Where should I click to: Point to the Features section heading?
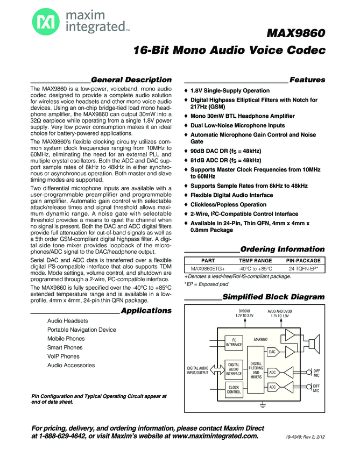click(x=307, y=80)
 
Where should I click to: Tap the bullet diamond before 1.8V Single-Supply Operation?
click(x=186, y=91)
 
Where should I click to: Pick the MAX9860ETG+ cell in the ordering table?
click(x=204, y=268)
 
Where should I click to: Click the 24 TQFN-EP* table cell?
click(x=303, y=268)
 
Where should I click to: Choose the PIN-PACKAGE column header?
click(x=303, y=260)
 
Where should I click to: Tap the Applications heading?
click(x=146, y=310)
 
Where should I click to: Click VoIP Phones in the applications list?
click(x=63, y=356)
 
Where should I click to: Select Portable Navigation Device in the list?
click(x=81, y=330)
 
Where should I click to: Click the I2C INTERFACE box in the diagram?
click(x=234, y=342)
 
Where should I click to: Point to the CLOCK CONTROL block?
click(x=234, y=390)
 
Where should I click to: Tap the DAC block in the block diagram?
click(x=273, y=352)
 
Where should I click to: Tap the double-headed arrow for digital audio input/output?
click(x=218, y=370)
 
